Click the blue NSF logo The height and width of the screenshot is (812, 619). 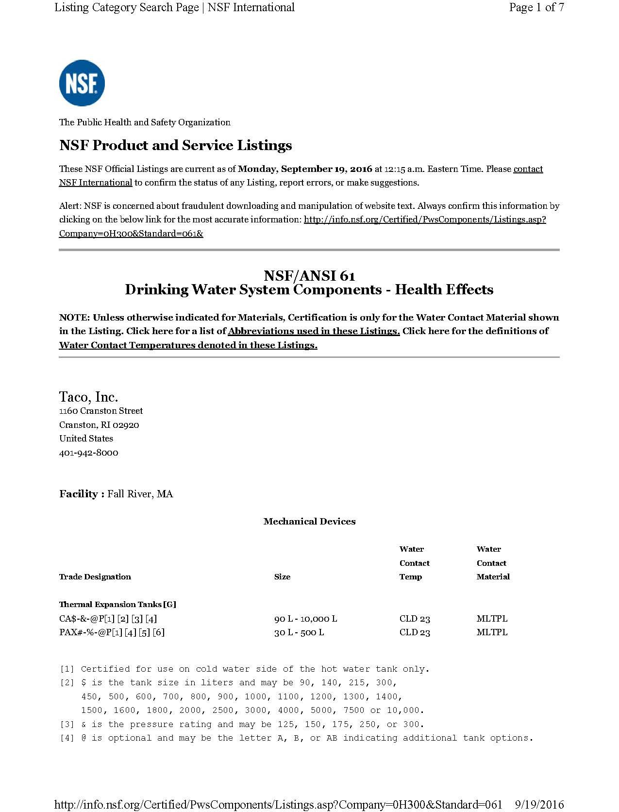pyautogui.click(x=82, y=83)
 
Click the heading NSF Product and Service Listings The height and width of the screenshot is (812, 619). pyautogui.click(x=175, y=145)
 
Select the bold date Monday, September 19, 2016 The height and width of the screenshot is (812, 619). pyautogui.click(x=305, y=169)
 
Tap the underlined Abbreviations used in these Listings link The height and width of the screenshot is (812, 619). pyautogui.click(x=314, y=331)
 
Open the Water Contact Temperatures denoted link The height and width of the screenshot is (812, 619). pyautogui.click(x=188, y=345)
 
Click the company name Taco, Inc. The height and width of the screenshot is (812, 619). pyautogui.click(x=88, y=397)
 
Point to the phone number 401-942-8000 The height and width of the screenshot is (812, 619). pyautogui.click(x=88, y=453)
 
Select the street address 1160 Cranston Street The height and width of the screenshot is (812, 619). pyautogui.click(x=101, y=411)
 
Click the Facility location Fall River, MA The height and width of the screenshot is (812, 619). pyautogui.click(x=140, y=494)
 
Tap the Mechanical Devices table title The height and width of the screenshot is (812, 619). pyautogui.click(x=309, y=522)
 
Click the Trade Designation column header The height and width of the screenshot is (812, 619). pyautogui.click(x=95, y=577)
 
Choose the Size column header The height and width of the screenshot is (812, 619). pyautogui.click(x=282, y=577)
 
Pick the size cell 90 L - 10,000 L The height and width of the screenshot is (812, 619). pyautogui.click(x=305, y=619)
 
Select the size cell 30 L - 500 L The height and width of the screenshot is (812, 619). pyautogui.click(x=299, y=632)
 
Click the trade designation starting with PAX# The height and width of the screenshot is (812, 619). pyautogui.click(x=112, y=632)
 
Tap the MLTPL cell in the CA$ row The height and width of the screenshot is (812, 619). pyautogui.click(x=492, y=619)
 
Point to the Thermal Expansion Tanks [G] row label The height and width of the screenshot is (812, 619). pyautogui.click(x=117, y=605)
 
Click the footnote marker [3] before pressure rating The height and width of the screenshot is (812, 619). pyautogui.click(x=67, y=724)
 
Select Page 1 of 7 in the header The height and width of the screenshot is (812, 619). pyautogui.click(x=536, y=7)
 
